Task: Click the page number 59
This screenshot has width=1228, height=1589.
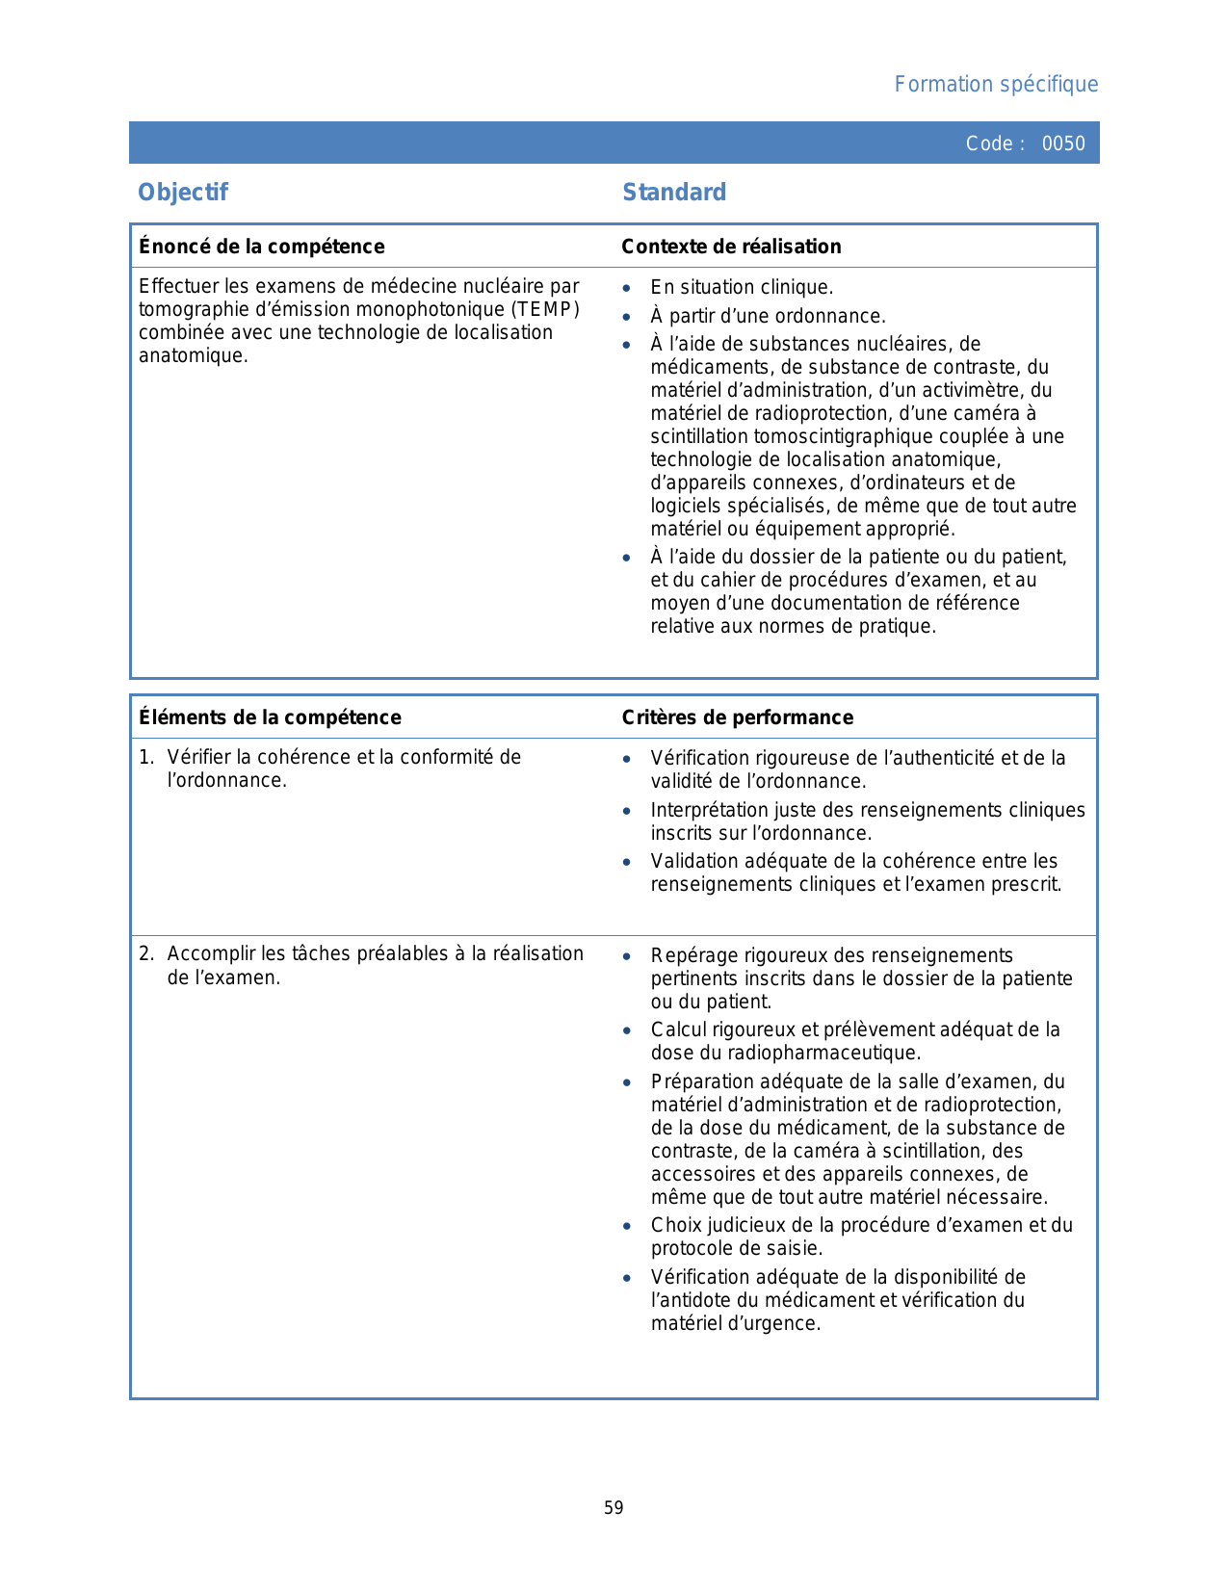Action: pyautogui.click(x=614, y=1508)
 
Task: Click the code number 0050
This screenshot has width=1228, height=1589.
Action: pyautogui.click(x=1063, y=143)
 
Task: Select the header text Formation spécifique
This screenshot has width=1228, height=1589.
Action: pyautogui.click(x=996, y=85)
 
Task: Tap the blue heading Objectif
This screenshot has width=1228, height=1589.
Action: pyautogui.click(x=183, y=193)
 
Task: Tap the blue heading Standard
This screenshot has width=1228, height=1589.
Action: pyautogui.click(x=674, y=193)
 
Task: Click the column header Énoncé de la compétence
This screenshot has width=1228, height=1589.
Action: pyautogui.click(x=262, y=247)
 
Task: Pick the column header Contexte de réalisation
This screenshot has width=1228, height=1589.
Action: pyautogui.click(x=731, y=247)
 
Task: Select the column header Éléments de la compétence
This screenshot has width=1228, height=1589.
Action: pyautogui.click(x=270, y=717)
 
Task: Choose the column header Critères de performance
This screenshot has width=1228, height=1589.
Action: pyautogui.click(x=738, y=717)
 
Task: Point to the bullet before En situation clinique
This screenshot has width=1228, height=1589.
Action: pyautogui.click(x=627, y=288)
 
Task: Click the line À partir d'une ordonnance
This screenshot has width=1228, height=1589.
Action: pyautogui.click(x=768, y=316)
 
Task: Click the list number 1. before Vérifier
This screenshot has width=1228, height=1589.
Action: pyautogui.click(x=146, y=757)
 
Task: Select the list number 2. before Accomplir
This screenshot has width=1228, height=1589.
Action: pyautogui.click(x=146, y=953)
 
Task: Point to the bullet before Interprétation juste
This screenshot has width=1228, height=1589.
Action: pyautogui.click(x=627, y=811)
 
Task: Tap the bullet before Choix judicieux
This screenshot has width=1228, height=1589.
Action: pyautogui.click(x=627, y=1226)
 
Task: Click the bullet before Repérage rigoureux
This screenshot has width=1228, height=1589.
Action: pyautogui.click(x=627, y=956)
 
